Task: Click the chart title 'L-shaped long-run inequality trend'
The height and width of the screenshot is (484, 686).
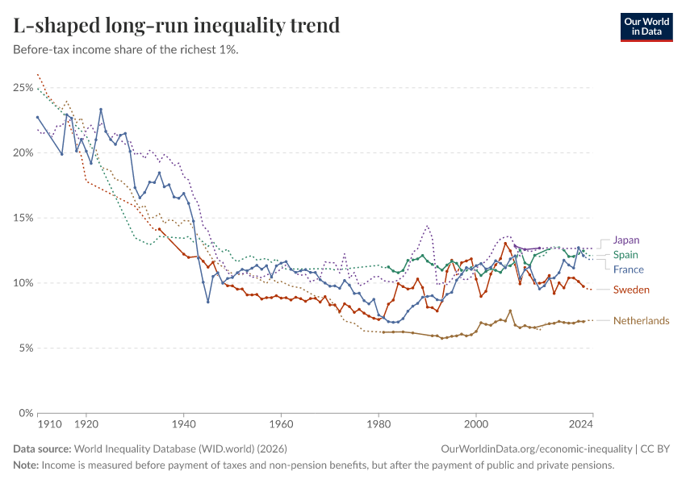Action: (176, 25)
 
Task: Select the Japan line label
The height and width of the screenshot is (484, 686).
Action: (626, 240)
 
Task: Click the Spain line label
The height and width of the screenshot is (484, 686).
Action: (626, 255)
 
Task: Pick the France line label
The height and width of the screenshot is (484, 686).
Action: (628, 269)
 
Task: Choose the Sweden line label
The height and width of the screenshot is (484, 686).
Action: (631, 290)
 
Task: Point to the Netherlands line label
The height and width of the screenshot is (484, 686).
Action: (641, 321)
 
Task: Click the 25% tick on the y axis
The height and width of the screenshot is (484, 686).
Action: (23, 87)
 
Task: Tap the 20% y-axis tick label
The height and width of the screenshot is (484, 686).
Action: (23, 152)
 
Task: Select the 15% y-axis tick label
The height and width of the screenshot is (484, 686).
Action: (23, 218)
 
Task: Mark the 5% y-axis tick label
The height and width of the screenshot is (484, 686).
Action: (25, 348)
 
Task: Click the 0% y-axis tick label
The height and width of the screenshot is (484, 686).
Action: (25, 413)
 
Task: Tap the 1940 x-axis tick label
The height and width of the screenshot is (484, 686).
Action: (183, 423)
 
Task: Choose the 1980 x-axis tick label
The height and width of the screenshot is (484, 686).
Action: (379, 423)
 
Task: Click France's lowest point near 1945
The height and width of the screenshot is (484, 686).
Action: (208, 302)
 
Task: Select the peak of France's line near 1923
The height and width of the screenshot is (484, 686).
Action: (101, 110)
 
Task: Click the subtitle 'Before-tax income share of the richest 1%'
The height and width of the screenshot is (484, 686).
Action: (125, 49)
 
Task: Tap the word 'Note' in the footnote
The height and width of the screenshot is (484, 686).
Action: (25, 465)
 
